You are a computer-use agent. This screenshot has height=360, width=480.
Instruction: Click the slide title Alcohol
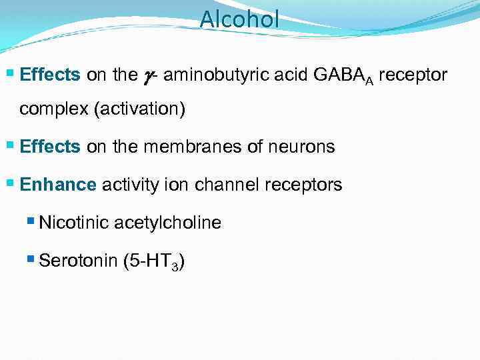[239, 19]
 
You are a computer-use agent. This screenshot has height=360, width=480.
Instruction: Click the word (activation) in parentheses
[140, 109]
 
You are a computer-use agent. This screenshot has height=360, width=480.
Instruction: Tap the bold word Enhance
[58, 185]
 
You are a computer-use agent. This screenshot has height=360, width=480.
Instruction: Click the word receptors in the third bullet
[304, 185]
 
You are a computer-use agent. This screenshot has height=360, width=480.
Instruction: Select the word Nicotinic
[74, 223]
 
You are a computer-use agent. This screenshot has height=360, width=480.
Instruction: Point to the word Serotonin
[79, 261]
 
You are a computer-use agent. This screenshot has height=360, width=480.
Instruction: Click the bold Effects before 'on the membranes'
[50, 147]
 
